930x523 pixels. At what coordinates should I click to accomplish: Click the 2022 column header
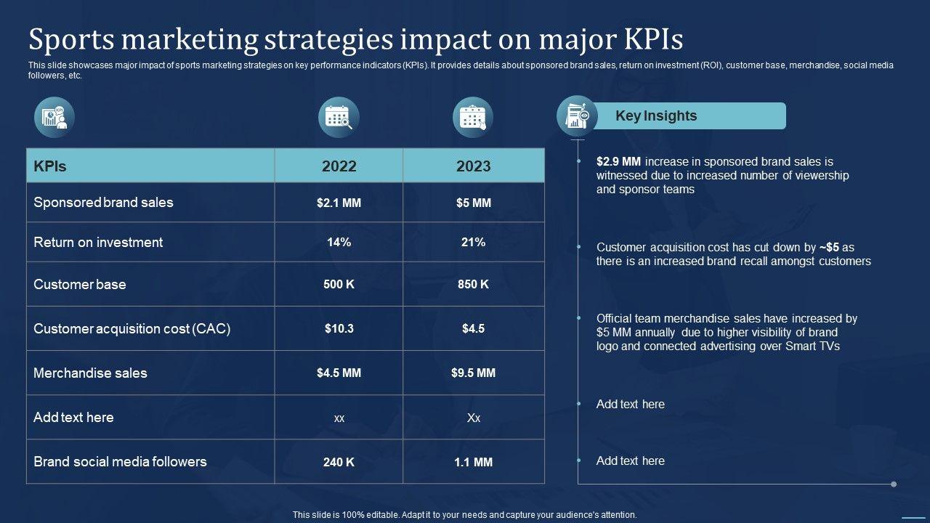pyautogui.click(x=339, y=166)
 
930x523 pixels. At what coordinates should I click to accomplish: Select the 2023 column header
pyautogui.click(x=473, y=166)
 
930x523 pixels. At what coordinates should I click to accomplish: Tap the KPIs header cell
pyautogui.click(x=50, y=166)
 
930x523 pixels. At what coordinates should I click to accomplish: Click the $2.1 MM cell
pyautogui.click(x=339, y=203)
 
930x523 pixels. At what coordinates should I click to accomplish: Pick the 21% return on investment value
pyautogui.click(x=473, y=243)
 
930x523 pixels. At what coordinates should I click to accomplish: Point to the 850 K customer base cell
pyautogui.click(x=473, y=285)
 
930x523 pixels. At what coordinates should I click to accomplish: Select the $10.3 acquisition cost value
pyautogui.click(x=339, y=329)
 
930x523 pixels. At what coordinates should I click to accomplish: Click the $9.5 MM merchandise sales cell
pyautogui.click(x=473, y=373)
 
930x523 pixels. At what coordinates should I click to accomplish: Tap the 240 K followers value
pyautogui.click(x=339, y=462)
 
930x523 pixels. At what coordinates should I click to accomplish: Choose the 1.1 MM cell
pyautogui.click(x=473, y=462)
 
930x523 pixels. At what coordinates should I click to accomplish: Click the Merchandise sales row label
pyautogui.click(x=90, y=373)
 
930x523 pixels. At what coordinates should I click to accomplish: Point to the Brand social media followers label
pyautogui.click(x=120, y=462)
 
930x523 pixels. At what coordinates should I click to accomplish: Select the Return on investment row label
pyautogui.click(x=98, y=243)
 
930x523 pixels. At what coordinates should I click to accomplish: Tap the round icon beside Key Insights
pyautogui.click(x=577, y=116)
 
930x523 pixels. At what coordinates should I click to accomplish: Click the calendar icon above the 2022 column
pyautogui.click(x=339, y=117)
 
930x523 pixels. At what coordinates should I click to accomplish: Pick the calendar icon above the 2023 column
pyautogui.click(x=473, y=117)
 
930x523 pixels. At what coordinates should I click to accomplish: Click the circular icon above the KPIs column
pyautogui.click(x=54, y=117)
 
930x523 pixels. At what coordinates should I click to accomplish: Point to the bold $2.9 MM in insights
pyautogui.click(x=618, y=162)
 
